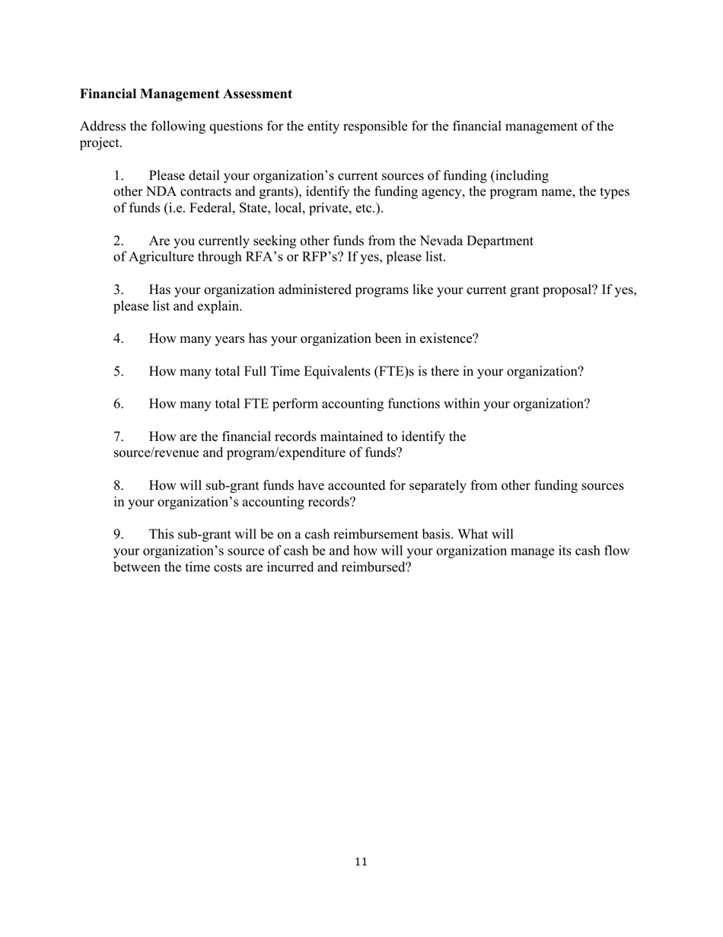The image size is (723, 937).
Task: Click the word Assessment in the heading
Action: (x=256, y=94)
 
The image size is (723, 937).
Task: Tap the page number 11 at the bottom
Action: (x=361, y=862)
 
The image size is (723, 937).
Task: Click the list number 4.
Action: (x=119, y=338)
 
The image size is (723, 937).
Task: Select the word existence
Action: (x=449, y=338)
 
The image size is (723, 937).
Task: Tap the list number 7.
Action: (x=119, y=437)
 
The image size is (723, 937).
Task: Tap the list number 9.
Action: (x=119, y=534)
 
